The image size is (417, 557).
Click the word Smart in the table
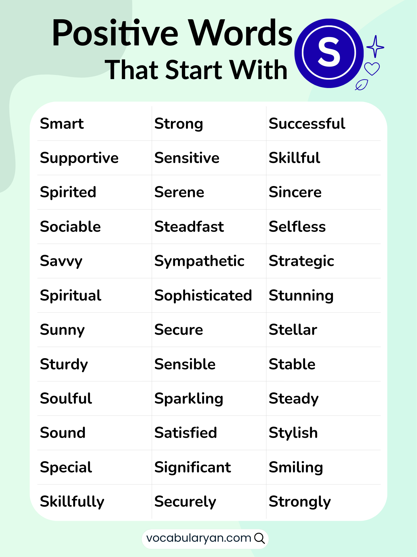(x=62, y=124)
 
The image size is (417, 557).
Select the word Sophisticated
(x=203, y=295)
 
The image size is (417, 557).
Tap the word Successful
(x=307, y=124)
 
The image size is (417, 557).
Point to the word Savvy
(x=61, y=261)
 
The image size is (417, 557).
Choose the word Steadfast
(x=189, y=227)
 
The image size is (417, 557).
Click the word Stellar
(x=293, y=330)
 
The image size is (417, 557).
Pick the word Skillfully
(x=72, y=502)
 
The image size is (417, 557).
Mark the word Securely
(x=185, y=502)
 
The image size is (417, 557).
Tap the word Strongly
(x=300, y=502)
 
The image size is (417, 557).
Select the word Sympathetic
(x=199, y=261)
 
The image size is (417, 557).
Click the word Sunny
(x=62, y=330)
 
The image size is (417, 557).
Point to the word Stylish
(x=293, y=433)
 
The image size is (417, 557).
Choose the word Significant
(x=193, y=467)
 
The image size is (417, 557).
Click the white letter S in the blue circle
(x=329, y=53)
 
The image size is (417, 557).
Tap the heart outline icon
(x=372, y=69)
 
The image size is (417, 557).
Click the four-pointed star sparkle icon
(x=375, y=47)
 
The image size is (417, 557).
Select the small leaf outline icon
(x=362, y=85)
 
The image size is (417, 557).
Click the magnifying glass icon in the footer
(x=259, y=538)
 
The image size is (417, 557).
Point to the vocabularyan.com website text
(x=198, y=538)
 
